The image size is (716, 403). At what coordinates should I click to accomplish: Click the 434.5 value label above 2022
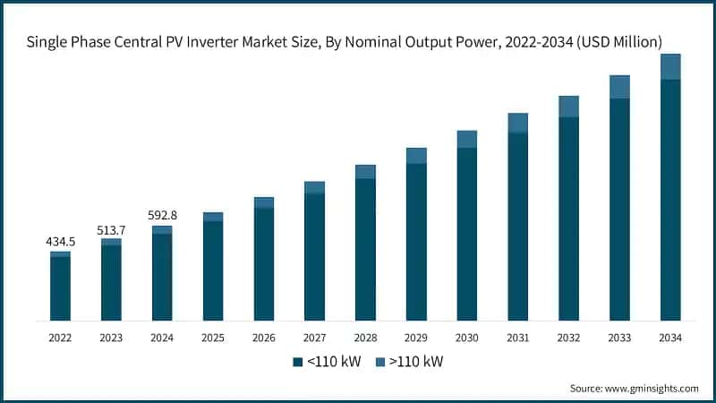(60, 243)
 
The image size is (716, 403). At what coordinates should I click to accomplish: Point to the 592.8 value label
(162, 215)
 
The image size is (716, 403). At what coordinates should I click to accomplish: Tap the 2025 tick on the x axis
(212, 338)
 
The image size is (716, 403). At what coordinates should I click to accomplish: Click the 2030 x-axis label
(466, 338)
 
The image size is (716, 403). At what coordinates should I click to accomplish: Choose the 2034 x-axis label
(670, 338)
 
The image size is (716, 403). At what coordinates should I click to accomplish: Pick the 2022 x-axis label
(60, 338)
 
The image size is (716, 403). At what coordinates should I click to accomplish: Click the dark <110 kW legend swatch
(298, 362)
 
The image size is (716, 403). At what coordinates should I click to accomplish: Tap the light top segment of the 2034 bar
(670, 66)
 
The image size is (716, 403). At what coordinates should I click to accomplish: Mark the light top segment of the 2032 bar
(568, 106)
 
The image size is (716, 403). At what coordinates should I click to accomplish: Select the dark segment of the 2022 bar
(60, 288)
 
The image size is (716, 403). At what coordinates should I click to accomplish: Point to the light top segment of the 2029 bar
(416, 156)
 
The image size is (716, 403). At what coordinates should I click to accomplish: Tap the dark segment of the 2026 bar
(263, 263)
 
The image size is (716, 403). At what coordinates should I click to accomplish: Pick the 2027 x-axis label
(314, 338)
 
